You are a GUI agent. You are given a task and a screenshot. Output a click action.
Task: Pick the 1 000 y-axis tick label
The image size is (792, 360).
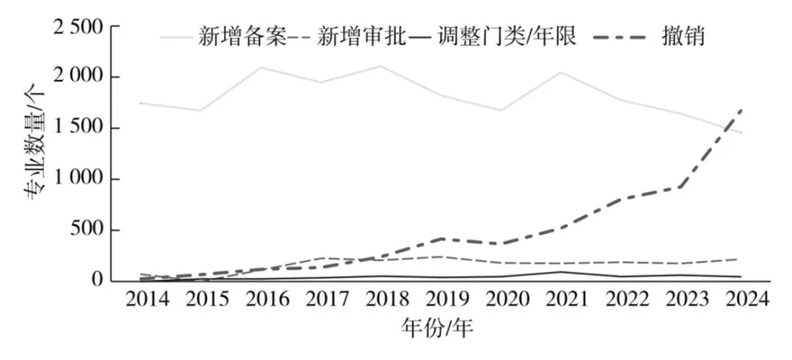79,180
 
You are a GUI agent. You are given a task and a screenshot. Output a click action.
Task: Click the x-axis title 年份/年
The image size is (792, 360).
438,328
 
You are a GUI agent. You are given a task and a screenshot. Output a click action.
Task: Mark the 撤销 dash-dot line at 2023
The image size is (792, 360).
682,186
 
